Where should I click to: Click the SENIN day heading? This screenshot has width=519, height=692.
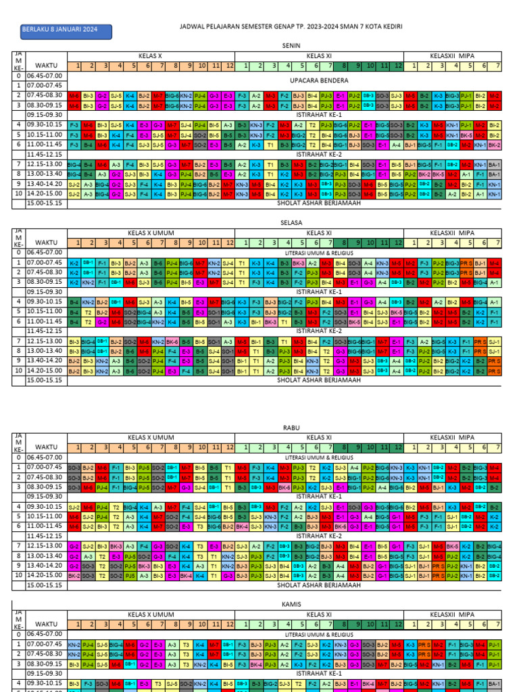pos(292,44)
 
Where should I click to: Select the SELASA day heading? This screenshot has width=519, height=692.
pos(292,222)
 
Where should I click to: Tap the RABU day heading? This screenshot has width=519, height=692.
pos(292,428)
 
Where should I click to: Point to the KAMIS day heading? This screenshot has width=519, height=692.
pos(292,603)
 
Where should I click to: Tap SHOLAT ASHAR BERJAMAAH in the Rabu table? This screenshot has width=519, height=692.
pos(319,585)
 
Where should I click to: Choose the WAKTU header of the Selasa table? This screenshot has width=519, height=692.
pos(47,243)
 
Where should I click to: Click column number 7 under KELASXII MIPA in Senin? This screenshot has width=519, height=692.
pos(497,66)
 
